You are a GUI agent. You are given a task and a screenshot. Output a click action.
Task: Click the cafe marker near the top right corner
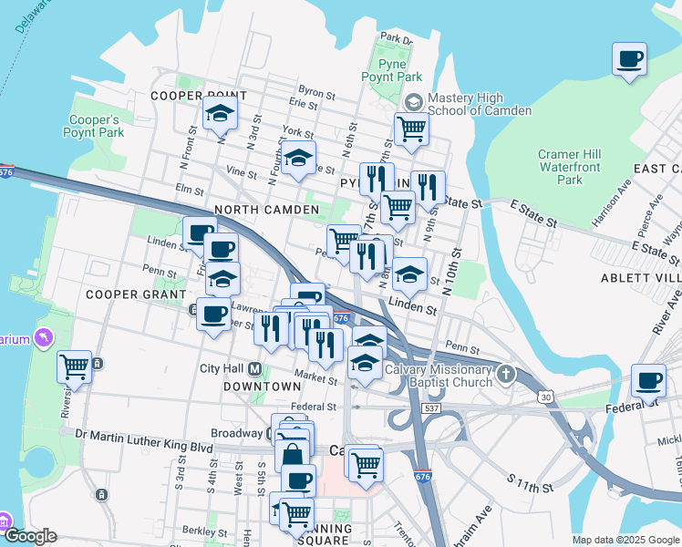629,61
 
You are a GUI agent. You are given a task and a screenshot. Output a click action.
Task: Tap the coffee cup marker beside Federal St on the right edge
648,381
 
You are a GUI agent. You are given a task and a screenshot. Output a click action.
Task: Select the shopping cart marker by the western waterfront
74,368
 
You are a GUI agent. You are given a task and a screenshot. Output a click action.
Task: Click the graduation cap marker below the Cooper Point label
219,115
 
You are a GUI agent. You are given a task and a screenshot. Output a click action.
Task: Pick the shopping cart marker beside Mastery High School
411,129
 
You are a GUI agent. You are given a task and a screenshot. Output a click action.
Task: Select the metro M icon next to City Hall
255,368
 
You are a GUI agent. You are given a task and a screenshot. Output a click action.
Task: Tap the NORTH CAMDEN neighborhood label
266,210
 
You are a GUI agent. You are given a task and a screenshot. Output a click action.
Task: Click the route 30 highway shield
544,396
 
